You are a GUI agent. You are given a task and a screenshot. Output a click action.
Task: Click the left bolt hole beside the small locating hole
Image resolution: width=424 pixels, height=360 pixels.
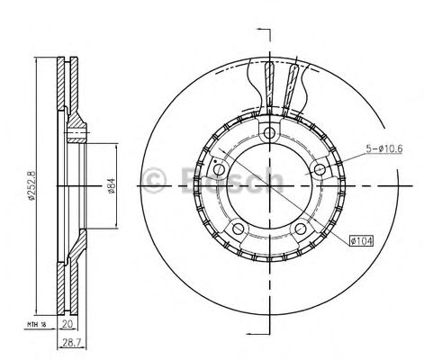coord(221,169)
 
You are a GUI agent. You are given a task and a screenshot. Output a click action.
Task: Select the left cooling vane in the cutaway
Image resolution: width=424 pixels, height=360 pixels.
coord(268,84)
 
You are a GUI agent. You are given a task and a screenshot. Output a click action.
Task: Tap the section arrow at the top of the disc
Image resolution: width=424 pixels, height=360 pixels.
coord(264,33)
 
